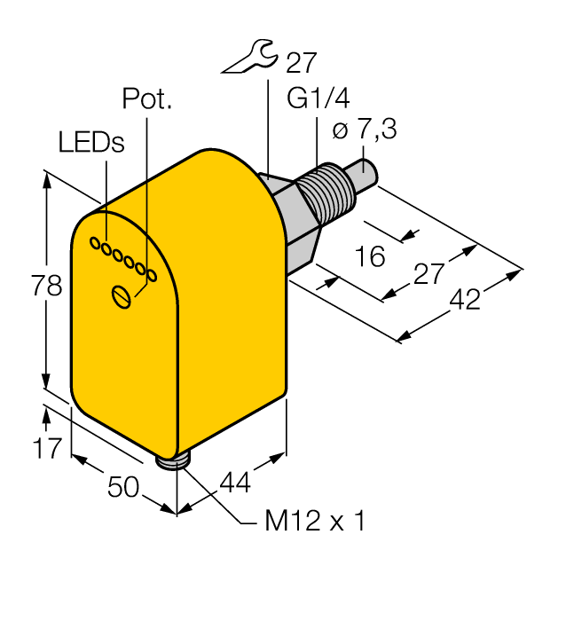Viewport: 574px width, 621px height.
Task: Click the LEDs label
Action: tap(91, 142)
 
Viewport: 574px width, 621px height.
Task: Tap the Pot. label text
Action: tap(147, 98)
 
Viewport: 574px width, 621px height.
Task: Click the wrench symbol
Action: tap(248, 59)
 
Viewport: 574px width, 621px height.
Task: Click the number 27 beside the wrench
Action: tap(301, 61)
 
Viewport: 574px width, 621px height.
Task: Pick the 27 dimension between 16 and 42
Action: tap(429, 274)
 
